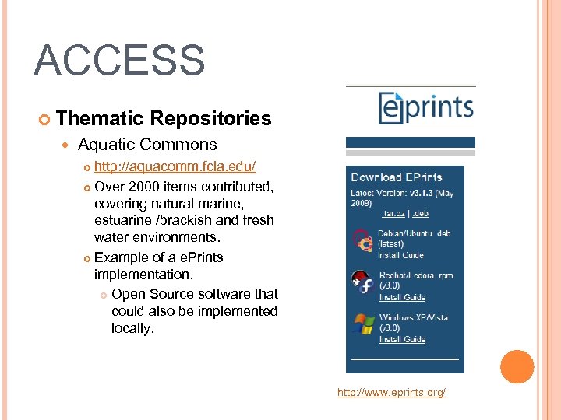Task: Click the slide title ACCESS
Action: click(119, 61)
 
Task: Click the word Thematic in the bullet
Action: click(101, 118)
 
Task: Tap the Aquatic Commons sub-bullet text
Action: click(147, 145)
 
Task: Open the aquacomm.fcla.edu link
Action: click(175, 167)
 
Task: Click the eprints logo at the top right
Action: click(425, 107)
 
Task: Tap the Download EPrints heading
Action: click(397, 177)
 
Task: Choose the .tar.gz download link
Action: click(393, 214)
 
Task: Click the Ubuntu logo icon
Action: click(362, 243)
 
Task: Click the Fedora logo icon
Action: click(362, 283)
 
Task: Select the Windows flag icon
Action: click(362, 325)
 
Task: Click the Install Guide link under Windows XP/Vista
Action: click(402, 339)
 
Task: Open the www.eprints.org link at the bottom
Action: click(391, 393)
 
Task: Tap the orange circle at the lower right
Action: click(517, 366)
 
